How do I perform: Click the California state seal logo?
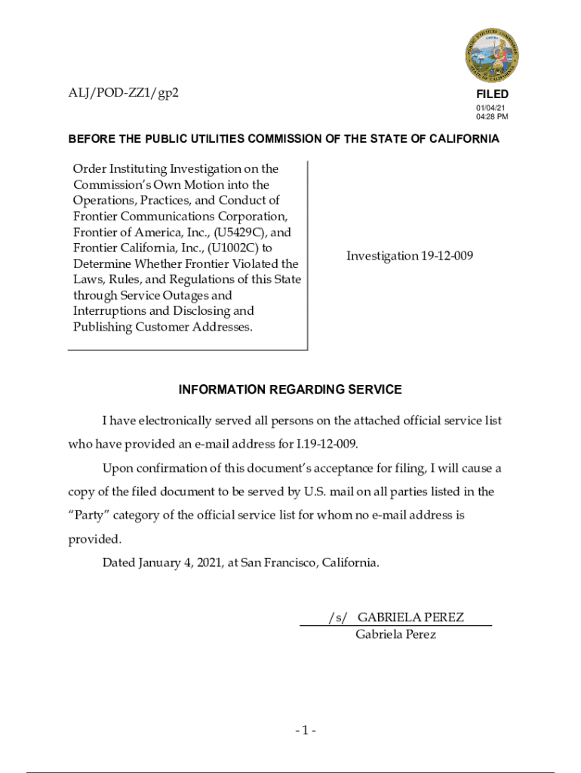click(491, 54)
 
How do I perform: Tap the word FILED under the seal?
click(492, 94)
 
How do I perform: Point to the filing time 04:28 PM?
click(492, 117)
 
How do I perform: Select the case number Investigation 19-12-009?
click(410, 256)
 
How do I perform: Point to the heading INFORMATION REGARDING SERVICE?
click(290, 390)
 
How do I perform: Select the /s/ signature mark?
click(338, 617)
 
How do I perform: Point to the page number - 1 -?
click(305, 730)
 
